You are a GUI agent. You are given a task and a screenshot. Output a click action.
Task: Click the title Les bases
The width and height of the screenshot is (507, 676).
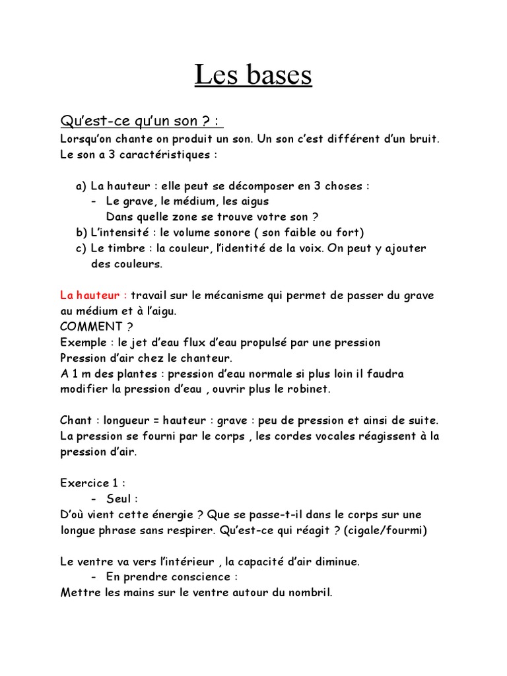tap(253, 75)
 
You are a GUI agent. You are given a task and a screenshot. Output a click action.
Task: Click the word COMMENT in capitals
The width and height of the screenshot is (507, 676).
tap(86, 327)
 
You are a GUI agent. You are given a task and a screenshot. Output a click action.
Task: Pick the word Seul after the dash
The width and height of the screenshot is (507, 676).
tap(119, 499)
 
